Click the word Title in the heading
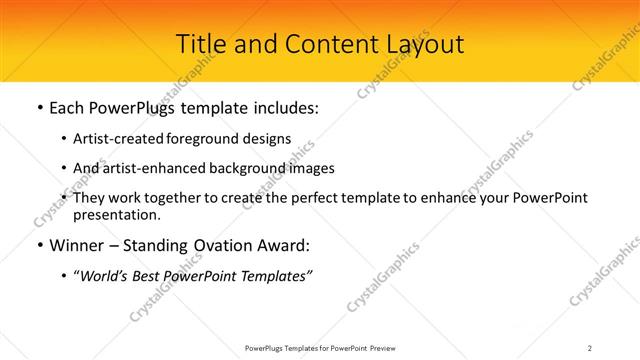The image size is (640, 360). click(x=200, y=44)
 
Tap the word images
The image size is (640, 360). click(x=311, y=168)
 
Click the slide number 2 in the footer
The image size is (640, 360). click(x=590, y=347)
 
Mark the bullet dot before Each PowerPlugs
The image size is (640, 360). click(x=38, y=108)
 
